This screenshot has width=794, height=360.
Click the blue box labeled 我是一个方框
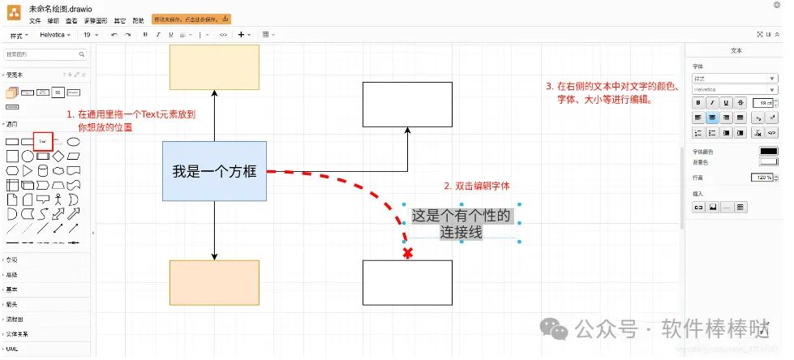(x=214, y=171)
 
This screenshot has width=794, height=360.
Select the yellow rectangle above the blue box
(x=214, y=66)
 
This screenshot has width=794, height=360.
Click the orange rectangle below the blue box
(x=214, y=282)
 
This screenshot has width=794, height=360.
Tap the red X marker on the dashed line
(x=407, y=254)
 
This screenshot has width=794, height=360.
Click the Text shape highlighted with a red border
(x=42, y=141)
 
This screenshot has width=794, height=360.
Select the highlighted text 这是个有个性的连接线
(x=461, y=224)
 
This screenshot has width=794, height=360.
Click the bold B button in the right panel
(x=697, y=103)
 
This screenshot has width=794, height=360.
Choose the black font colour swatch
(x=767, y=151)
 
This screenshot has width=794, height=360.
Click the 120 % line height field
(x=762, y=177)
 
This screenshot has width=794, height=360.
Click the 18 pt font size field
(x=762, y=103)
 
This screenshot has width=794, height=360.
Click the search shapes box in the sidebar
(x=45, y=54)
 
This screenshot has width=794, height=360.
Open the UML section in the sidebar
(x=12, y=349)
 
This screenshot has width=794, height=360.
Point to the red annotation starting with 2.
(x=476, y=186)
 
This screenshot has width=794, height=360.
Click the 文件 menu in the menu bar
(x=35, y=20)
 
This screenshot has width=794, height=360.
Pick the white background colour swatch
(x=767, y=161)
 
